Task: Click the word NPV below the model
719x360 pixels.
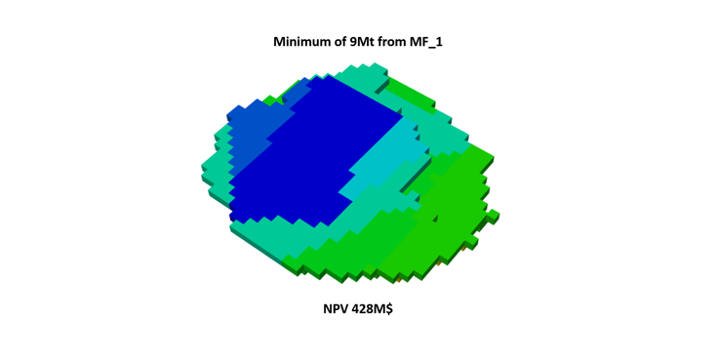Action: pos(336,309)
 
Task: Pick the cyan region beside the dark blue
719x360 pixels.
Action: pos(385,161)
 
